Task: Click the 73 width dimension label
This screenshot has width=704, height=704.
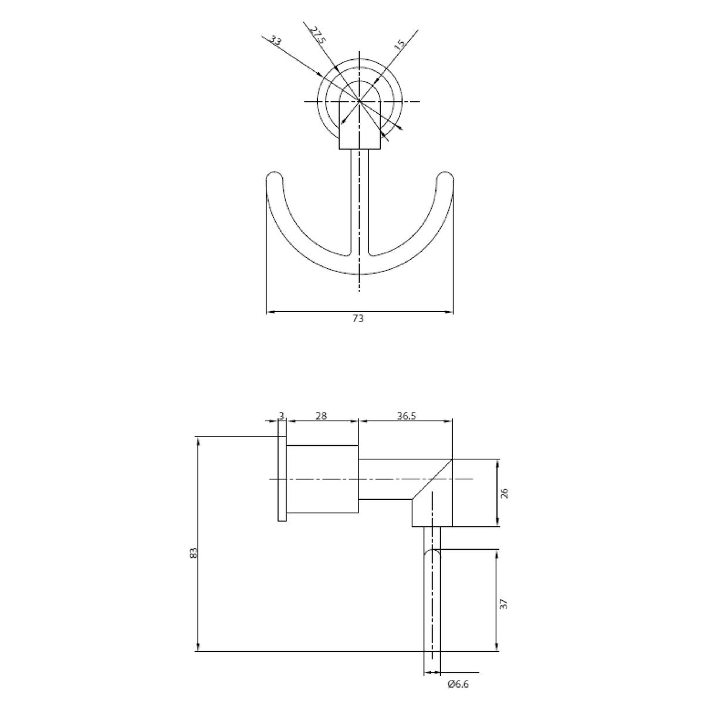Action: pos(358,319)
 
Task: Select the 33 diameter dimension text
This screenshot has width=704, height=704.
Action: pos(275,40)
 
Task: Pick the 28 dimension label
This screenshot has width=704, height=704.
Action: pos(321,415)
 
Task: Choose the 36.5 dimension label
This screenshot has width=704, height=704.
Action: pos(405,415)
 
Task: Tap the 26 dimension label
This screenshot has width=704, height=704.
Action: pos(505,493)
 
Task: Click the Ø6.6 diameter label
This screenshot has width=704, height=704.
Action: pos(458,684)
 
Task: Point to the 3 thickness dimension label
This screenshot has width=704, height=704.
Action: pos(282,415)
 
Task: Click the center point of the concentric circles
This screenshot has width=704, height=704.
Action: pos(360,101)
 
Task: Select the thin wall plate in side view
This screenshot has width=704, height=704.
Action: pos(282,478)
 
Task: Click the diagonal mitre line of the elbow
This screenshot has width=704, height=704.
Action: pos(432,479)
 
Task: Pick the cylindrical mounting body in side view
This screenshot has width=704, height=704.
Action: pos(322,479)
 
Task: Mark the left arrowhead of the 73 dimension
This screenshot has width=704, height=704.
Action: pos(270,312)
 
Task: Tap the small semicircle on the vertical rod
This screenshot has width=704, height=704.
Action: pos(432,554)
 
